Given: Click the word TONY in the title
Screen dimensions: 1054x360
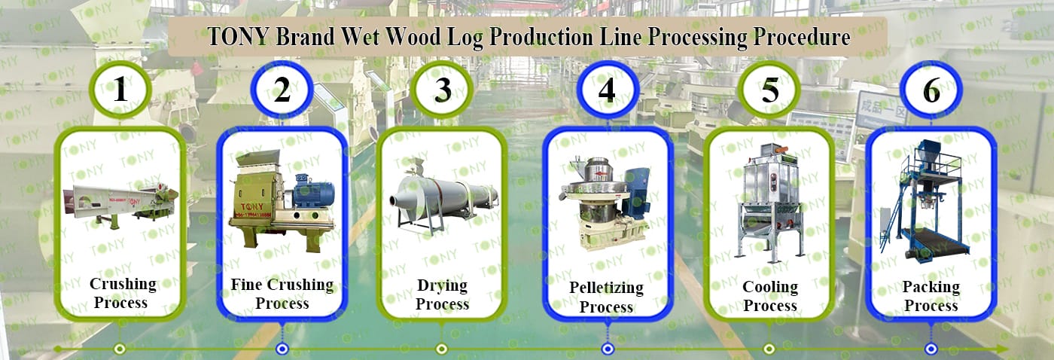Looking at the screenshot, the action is [x=238, y=37].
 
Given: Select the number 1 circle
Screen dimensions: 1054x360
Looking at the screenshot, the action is [x=120, y=90].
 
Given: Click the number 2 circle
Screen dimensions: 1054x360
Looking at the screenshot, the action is [x=282, y=90].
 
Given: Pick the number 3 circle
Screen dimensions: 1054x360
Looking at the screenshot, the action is [x=442, y=90].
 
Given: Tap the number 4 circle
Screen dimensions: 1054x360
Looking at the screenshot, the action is [x=608, y=90].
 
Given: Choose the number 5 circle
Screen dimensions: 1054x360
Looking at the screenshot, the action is [x=769, y=90].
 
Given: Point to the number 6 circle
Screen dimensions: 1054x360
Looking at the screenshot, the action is [x=931, y=90].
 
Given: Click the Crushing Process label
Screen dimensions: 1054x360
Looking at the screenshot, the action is [x=122, y=293].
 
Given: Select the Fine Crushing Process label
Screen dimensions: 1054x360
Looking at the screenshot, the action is [x=282, y=294].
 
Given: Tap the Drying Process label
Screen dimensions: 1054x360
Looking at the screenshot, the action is [x=443, y=294].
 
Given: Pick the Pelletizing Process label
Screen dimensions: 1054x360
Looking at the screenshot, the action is [x=607, y=297].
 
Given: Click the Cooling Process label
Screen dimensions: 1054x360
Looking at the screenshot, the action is [x=770, y=296].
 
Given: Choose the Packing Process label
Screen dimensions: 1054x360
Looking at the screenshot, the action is [x=931, y=296].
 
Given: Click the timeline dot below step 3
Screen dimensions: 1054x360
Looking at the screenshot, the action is [x=441, y=349].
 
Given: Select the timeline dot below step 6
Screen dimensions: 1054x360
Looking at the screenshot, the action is [x=931, y=349].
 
